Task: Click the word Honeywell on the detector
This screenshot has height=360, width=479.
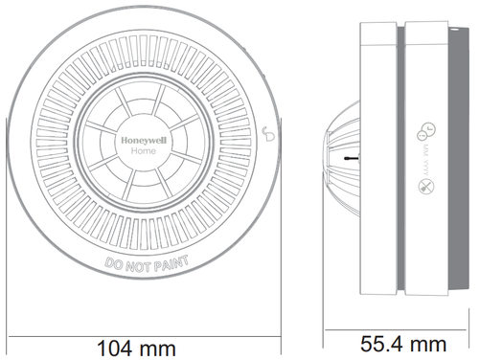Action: click(x=144, y=138)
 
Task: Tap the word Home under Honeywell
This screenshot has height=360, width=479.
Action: click(x=144, y=150)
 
